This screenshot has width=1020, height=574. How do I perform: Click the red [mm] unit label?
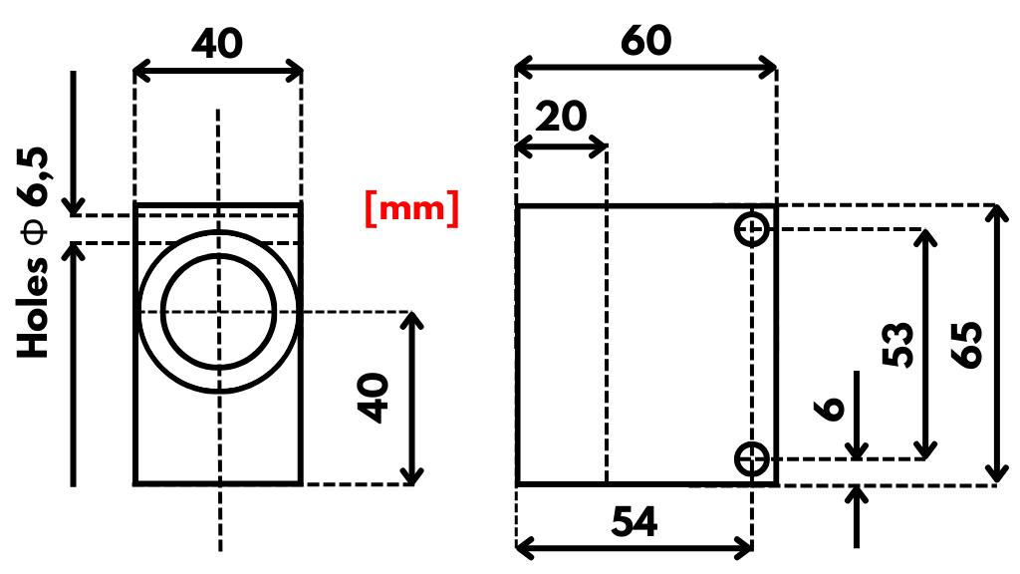click(x=412, y=209)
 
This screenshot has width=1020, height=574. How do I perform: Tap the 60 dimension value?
click(x=645, y=41)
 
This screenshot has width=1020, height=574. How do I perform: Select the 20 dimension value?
click(x=561, y=118)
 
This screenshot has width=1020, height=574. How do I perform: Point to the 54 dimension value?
click(x=635, y=522)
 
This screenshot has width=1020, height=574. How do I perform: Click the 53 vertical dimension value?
click(x=898, y=344)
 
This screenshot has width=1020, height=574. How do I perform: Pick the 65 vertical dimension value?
click(x=966, y=345)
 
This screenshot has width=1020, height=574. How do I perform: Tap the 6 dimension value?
click(x=830, y=409)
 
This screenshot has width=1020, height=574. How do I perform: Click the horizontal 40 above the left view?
click(x=217, y=44)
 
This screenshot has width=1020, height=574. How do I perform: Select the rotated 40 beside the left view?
click(x=374, y=398)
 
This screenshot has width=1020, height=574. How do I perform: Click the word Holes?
click(x=33, y=308)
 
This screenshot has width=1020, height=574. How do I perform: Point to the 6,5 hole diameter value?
click(x=33, y=177)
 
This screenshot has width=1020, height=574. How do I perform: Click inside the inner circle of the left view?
click(x=219, y=312)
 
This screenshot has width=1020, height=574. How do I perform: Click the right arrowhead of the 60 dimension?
click(x=769, y=67)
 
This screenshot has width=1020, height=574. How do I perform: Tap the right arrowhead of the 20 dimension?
click(x=600, y=147)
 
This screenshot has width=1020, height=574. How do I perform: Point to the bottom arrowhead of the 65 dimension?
click(x=997, y=475)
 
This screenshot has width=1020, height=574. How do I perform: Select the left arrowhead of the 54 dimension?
click(x=524, y=548)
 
